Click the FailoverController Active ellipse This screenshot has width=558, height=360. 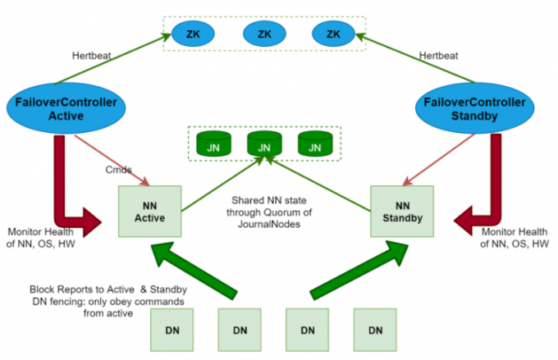tap(61, 108)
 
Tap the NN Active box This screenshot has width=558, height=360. tap(150, 212)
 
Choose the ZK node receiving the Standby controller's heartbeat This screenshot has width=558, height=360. tap(333, 34)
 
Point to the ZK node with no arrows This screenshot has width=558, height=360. tap(264, 34)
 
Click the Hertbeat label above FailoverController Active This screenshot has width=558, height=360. tap(93, 56)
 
